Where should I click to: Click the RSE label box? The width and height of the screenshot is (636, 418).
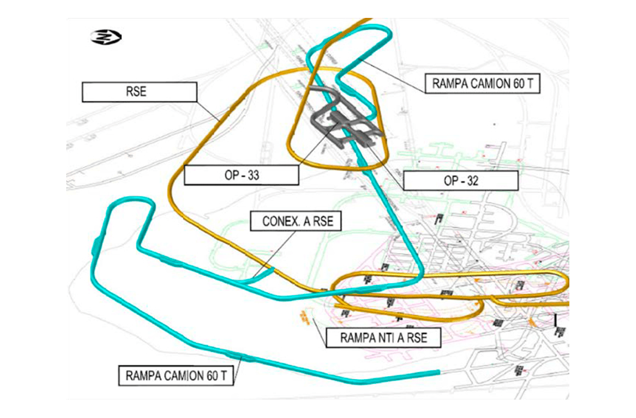(139, 92)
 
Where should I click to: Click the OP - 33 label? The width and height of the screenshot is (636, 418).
(241, 175)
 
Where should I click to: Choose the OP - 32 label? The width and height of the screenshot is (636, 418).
(460, 181)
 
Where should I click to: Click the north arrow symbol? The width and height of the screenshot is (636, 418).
(106, 36)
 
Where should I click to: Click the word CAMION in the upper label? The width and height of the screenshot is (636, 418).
(488, 84)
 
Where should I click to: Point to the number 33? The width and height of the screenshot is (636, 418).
(252, 175)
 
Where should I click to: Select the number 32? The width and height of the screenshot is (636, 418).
(472, 181)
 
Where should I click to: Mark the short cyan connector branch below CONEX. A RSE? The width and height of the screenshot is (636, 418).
(261, 275)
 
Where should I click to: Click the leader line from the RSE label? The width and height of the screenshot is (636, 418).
(209, 109)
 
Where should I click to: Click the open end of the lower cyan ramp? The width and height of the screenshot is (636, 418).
(438, 372)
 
